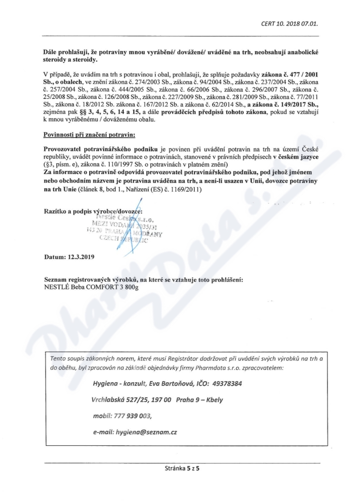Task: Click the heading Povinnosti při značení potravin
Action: [89, 135]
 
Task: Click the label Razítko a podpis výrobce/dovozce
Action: [93, 211]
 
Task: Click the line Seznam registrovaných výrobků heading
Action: [143, 279]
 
